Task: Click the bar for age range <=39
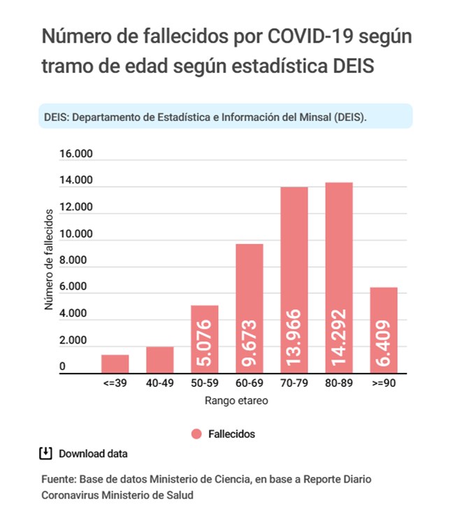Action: pyautogui.click(x=115, y=364)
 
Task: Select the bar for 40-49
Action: pyautogui.click(x=159, y=360)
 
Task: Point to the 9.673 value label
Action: pyautogui.click(x=250, y=343)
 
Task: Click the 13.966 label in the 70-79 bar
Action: pyautogui.click(x=294, y=339)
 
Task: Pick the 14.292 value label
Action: pyautogui.click(x=339, y=339)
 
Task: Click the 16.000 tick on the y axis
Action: pyautogui.click(x=75, y=155)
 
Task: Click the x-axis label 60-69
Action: pyautogui.click(x=250, y=384)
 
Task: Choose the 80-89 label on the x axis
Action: pyautogui.click(x=339, y=384)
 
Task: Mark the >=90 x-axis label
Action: pyautogui.click(x=384, y=384)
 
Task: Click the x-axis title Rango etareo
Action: pyautogui.click(x=236, y=401)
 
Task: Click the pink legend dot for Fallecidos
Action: pyautogui.click(x=196, y=434)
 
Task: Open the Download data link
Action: pyautogui.click(x=93, y=453)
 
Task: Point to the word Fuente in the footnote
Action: pyautogui.click(x=58, y=481)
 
